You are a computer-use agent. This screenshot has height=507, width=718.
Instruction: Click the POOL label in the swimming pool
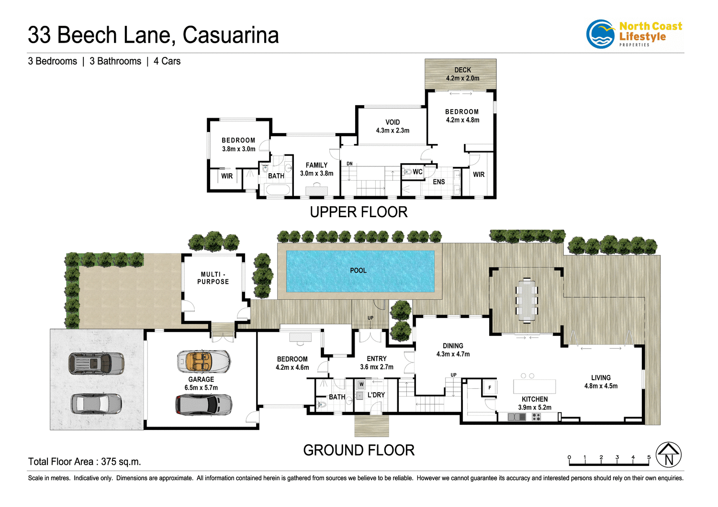point(358,271)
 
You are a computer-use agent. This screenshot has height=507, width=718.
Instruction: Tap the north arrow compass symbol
point(668,455)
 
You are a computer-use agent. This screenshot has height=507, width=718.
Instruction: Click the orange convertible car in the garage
point(203,362)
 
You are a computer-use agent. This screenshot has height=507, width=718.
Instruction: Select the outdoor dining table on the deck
point(527,300)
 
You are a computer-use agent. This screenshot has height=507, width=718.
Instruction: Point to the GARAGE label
point(201,380)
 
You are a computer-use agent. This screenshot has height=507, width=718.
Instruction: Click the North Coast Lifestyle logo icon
point(600,34)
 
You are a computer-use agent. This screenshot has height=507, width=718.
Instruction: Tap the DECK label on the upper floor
point(462,70)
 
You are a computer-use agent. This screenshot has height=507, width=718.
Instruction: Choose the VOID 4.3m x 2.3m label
point(393,126)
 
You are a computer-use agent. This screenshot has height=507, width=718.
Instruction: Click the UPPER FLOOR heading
point(359,212)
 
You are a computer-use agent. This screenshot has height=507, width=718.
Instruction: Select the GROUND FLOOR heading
point(359,450)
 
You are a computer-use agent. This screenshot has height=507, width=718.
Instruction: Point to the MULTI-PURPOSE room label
point(213,278)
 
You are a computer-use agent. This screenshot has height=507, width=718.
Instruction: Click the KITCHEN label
point(535,399)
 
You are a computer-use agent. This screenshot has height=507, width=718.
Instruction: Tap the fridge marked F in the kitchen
point(490,387)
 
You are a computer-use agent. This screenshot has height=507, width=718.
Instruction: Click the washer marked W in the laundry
point(361,384)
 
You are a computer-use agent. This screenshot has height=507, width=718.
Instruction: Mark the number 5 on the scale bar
point(649,457)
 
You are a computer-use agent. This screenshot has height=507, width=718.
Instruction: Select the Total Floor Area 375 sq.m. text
point(84,462)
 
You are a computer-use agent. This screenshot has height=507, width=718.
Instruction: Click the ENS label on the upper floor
point(438,182)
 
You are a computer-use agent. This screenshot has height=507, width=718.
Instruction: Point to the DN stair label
point(349,164)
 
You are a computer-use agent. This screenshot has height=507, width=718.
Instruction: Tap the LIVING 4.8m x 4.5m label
point(601,382)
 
